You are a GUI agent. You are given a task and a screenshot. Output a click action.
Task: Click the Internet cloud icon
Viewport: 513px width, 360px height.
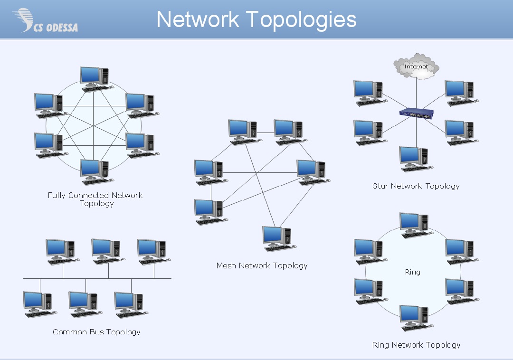[x=416, y=66]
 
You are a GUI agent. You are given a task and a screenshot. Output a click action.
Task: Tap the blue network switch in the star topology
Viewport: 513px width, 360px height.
[x=417, y=114]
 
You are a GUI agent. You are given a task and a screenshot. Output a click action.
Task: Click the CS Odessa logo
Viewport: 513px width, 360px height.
[x=45, y=20]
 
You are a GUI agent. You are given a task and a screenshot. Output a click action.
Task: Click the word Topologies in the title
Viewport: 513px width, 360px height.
[x=301, y=19]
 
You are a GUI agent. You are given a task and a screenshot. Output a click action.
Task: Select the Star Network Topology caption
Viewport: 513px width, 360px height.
[x=416, y=186]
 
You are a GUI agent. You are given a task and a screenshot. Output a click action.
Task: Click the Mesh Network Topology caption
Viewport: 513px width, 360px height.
[x=262, y=265]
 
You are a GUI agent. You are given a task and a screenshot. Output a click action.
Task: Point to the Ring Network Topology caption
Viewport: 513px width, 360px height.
[x=416, y=345]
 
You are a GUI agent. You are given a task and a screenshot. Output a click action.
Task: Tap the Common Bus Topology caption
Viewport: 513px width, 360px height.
[x=96, y=332]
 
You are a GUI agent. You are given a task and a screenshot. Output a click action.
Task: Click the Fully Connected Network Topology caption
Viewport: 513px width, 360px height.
[x=95, y=199]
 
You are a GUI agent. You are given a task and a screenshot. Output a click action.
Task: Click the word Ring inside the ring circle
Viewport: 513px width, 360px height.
[x=413, y=272]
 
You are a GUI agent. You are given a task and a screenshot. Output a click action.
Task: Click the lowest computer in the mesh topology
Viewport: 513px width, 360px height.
[x=279, y=239]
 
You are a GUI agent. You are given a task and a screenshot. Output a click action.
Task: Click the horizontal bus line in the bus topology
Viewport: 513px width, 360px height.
[x=97, y=279]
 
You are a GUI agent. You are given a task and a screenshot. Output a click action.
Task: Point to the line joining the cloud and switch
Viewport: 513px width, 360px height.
[x=416, y=93]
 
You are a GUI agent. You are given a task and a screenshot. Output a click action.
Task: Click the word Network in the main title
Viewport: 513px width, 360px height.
[x=198, y=19]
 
